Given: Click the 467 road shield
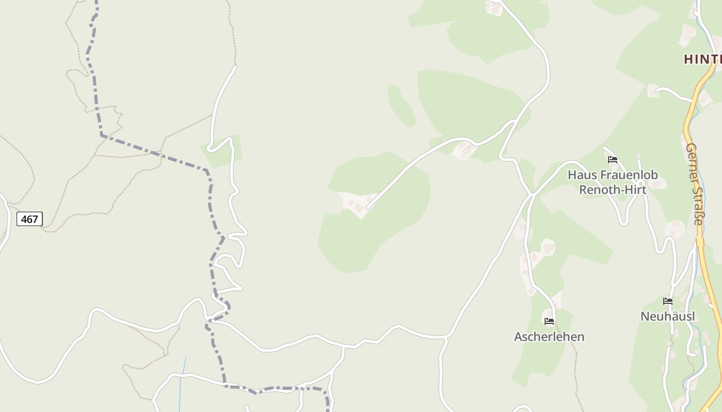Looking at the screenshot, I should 29,219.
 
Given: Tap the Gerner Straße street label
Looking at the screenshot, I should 695,184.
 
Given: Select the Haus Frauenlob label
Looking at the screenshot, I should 613,175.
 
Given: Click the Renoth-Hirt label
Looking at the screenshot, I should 613,190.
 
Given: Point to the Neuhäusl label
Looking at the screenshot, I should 667,316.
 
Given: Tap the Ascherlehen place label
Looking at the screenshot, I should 549,337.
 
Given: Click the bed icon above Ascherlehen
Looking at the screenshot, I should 549,321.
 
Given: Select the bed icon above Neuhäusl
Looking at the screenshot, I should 668,301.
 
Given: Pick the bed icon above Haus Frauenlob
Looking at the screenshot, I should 613,160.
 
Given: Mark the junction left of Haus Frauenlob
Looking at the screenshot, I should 532,194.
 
